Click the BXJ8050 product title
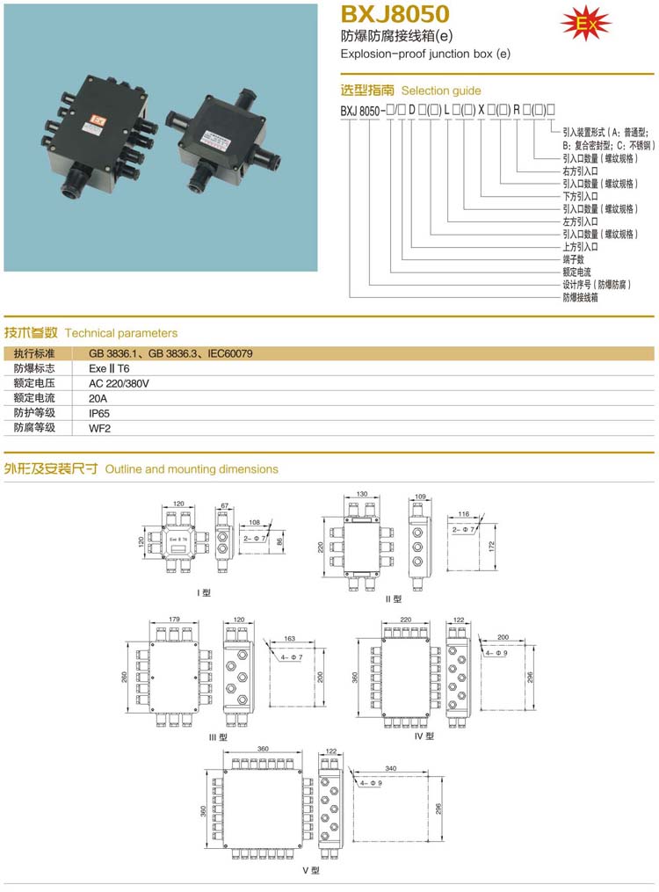pos(395,14)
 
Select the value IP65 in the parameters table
pos(98,412)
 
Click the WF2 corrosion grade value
pos(99,427)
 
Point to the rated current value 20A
pos(98,398)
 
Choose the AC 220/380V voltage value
pos(119,383)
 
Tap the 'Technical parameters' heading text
pos(121,333)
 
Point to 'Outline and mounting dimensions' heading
pos(192,469)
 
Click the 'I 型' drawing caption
pos(204,591)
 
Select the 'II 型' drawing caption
pos(393,598)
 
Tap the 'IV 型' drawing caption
pos(424,736)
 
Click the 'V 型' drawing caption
pos(310,870)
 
